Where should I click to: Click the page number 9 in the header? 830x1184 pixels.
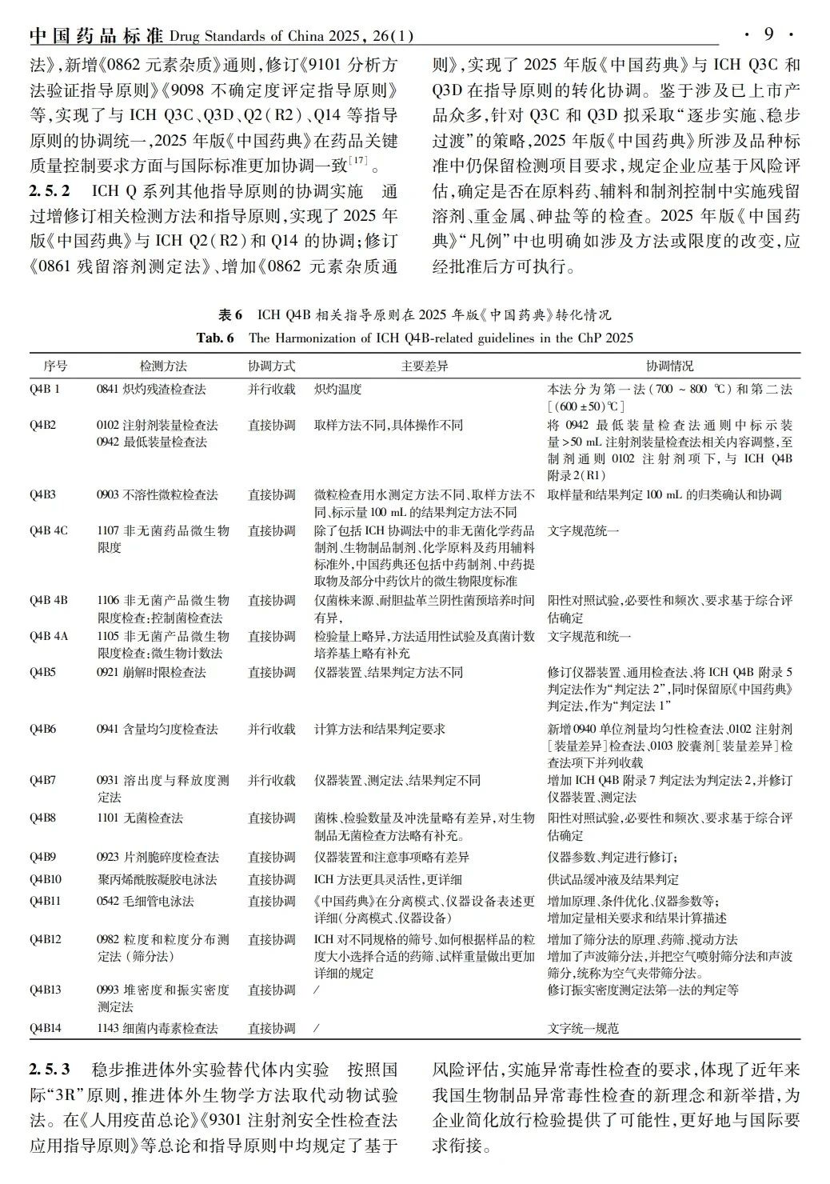[x=768, y=34]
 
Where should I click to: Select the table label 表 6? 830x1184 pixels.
[x=230, y=314]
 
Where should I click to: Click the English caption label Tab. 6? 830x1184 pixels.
[x=215, y=338]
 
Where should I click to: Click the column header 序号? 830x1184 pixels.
[x=55, y=366]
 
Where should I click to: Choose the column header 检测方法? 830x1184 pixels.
[x=163, y=366]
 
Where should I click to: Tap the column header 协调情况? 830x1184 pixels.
[x=670, y=366]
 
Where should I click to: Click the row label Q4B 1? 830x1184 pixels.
[x=46, y=390]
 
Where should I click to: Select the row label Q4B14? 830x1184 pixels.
[x=46, y=1028]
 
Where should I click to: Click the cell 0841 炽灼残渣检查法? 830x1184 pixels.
[x=151, y=390]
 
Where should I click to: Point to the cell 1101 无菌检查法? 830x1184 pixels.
[x=139, y=818]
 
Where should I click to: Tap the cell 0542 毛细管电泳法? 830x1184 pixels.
[x=145, y=901]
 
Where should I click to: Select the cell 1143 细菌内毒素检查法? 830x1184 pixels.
[x=157, y=1028]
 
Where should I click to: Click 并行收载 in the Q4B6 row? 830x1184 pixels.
[x=272, y=729]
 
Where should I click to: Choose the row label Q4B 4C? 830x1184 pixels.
[x=50, y=530]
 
